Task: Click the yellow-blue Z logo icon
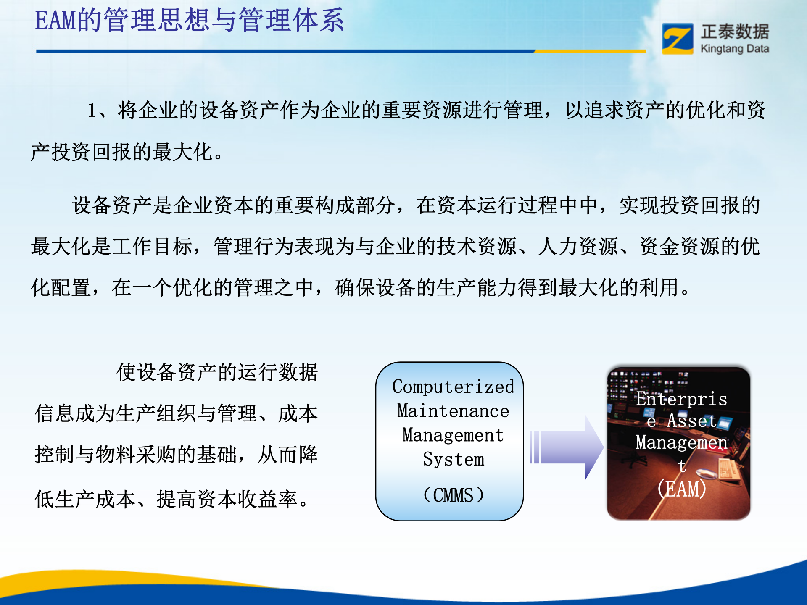tap(677, 39)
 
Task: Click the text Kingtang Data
tap(735, 49)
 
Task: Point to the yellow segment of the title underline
tap(590, 51)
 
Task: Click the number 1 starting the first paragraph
tap(92, 111)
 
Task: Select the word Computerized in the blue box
tap(453, 387)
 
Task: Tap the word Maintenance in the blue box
tap(453, 411)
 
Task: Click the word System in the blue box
tap(453, 459)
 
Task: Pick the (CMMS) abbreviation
tap(453, 495)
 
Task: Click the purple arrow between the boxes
tap(567, 447)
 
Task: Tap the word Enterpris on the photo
tap(681, 399)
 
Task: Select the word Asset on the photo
tap(691, 421)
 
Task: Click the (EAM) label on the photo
tap(681, 489)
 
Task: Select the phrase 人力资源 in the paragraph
tap(578, 246)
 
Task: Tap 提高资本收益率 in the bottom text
tap(227, 500)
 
